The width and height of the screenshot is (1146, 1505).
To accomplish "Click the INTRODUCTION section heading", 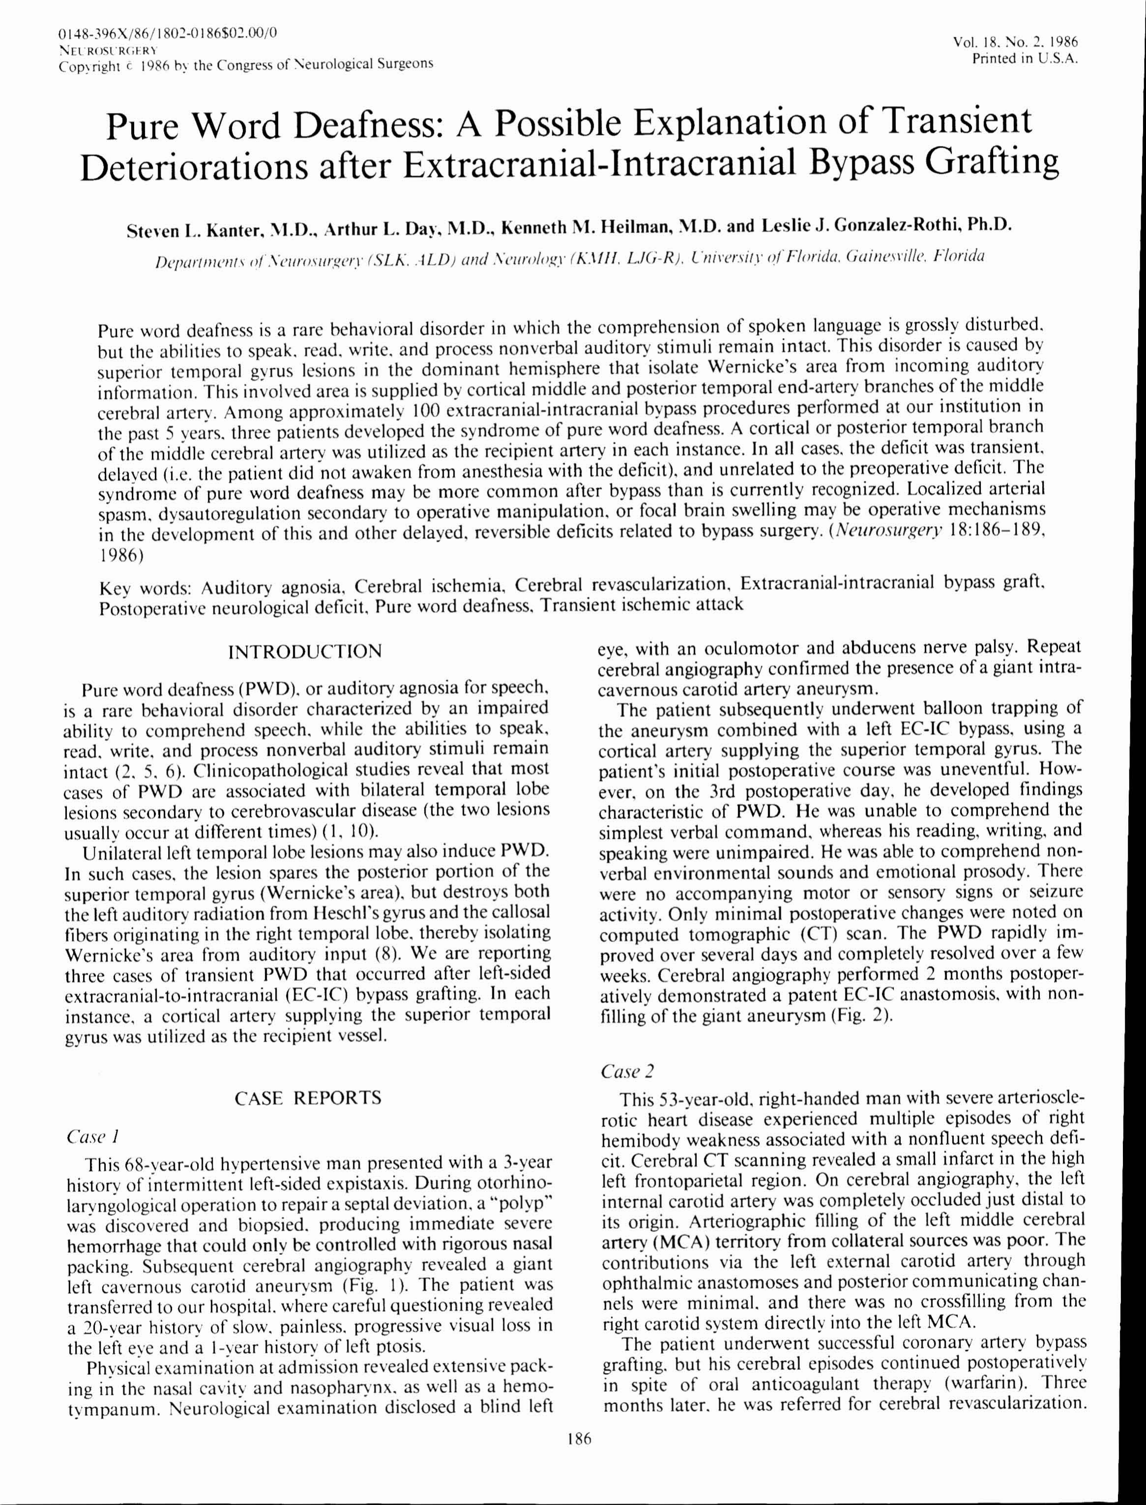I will click(x=305, y=652).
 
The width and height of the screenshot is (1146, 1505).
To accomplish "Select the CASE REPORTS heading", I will click(x=308, y=1098).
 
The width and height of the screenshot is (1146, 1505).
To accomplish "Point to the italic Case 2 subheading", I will click(x=627, y=1071).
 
